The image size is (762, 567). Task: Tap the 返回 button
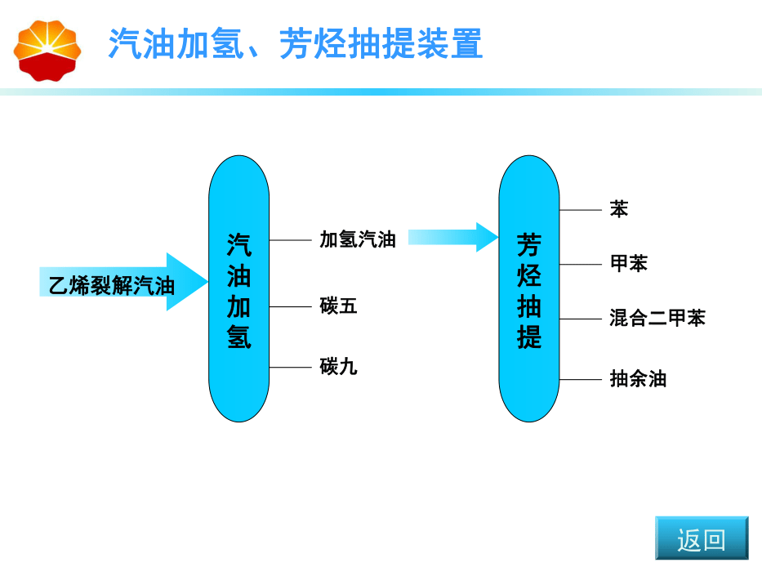[x=701, y=538]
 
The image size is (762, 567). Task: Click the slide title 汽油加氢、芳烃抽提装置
[x=296, y=44]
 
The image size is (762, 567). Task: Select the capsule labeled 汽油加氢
[x=238, y=288]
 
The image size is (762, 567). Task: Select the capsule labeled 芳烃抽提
[x=528, y=288]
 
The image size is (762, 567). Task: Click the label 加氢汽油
[x=358, y=239]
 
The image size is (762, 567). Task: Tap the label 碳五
[x=338, y=306]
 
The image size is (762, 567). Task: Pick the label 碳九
[x=338, y=367]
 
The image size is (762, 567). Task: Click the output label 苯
[x=619, y=209]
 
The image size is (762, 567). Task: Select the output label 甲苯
[x=629, y=263]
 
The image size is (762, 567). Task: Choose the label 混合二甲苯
[x=657, y=318]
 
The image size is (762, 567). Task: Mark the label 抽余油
[x=638, y=378]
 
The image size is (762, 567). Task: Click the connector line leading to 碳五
[x=291, y=307]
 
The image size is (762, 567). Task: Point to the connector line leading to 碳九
[x=291, y=368]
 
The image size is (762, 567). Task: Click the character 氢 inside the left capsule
[x=238, y=337]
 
